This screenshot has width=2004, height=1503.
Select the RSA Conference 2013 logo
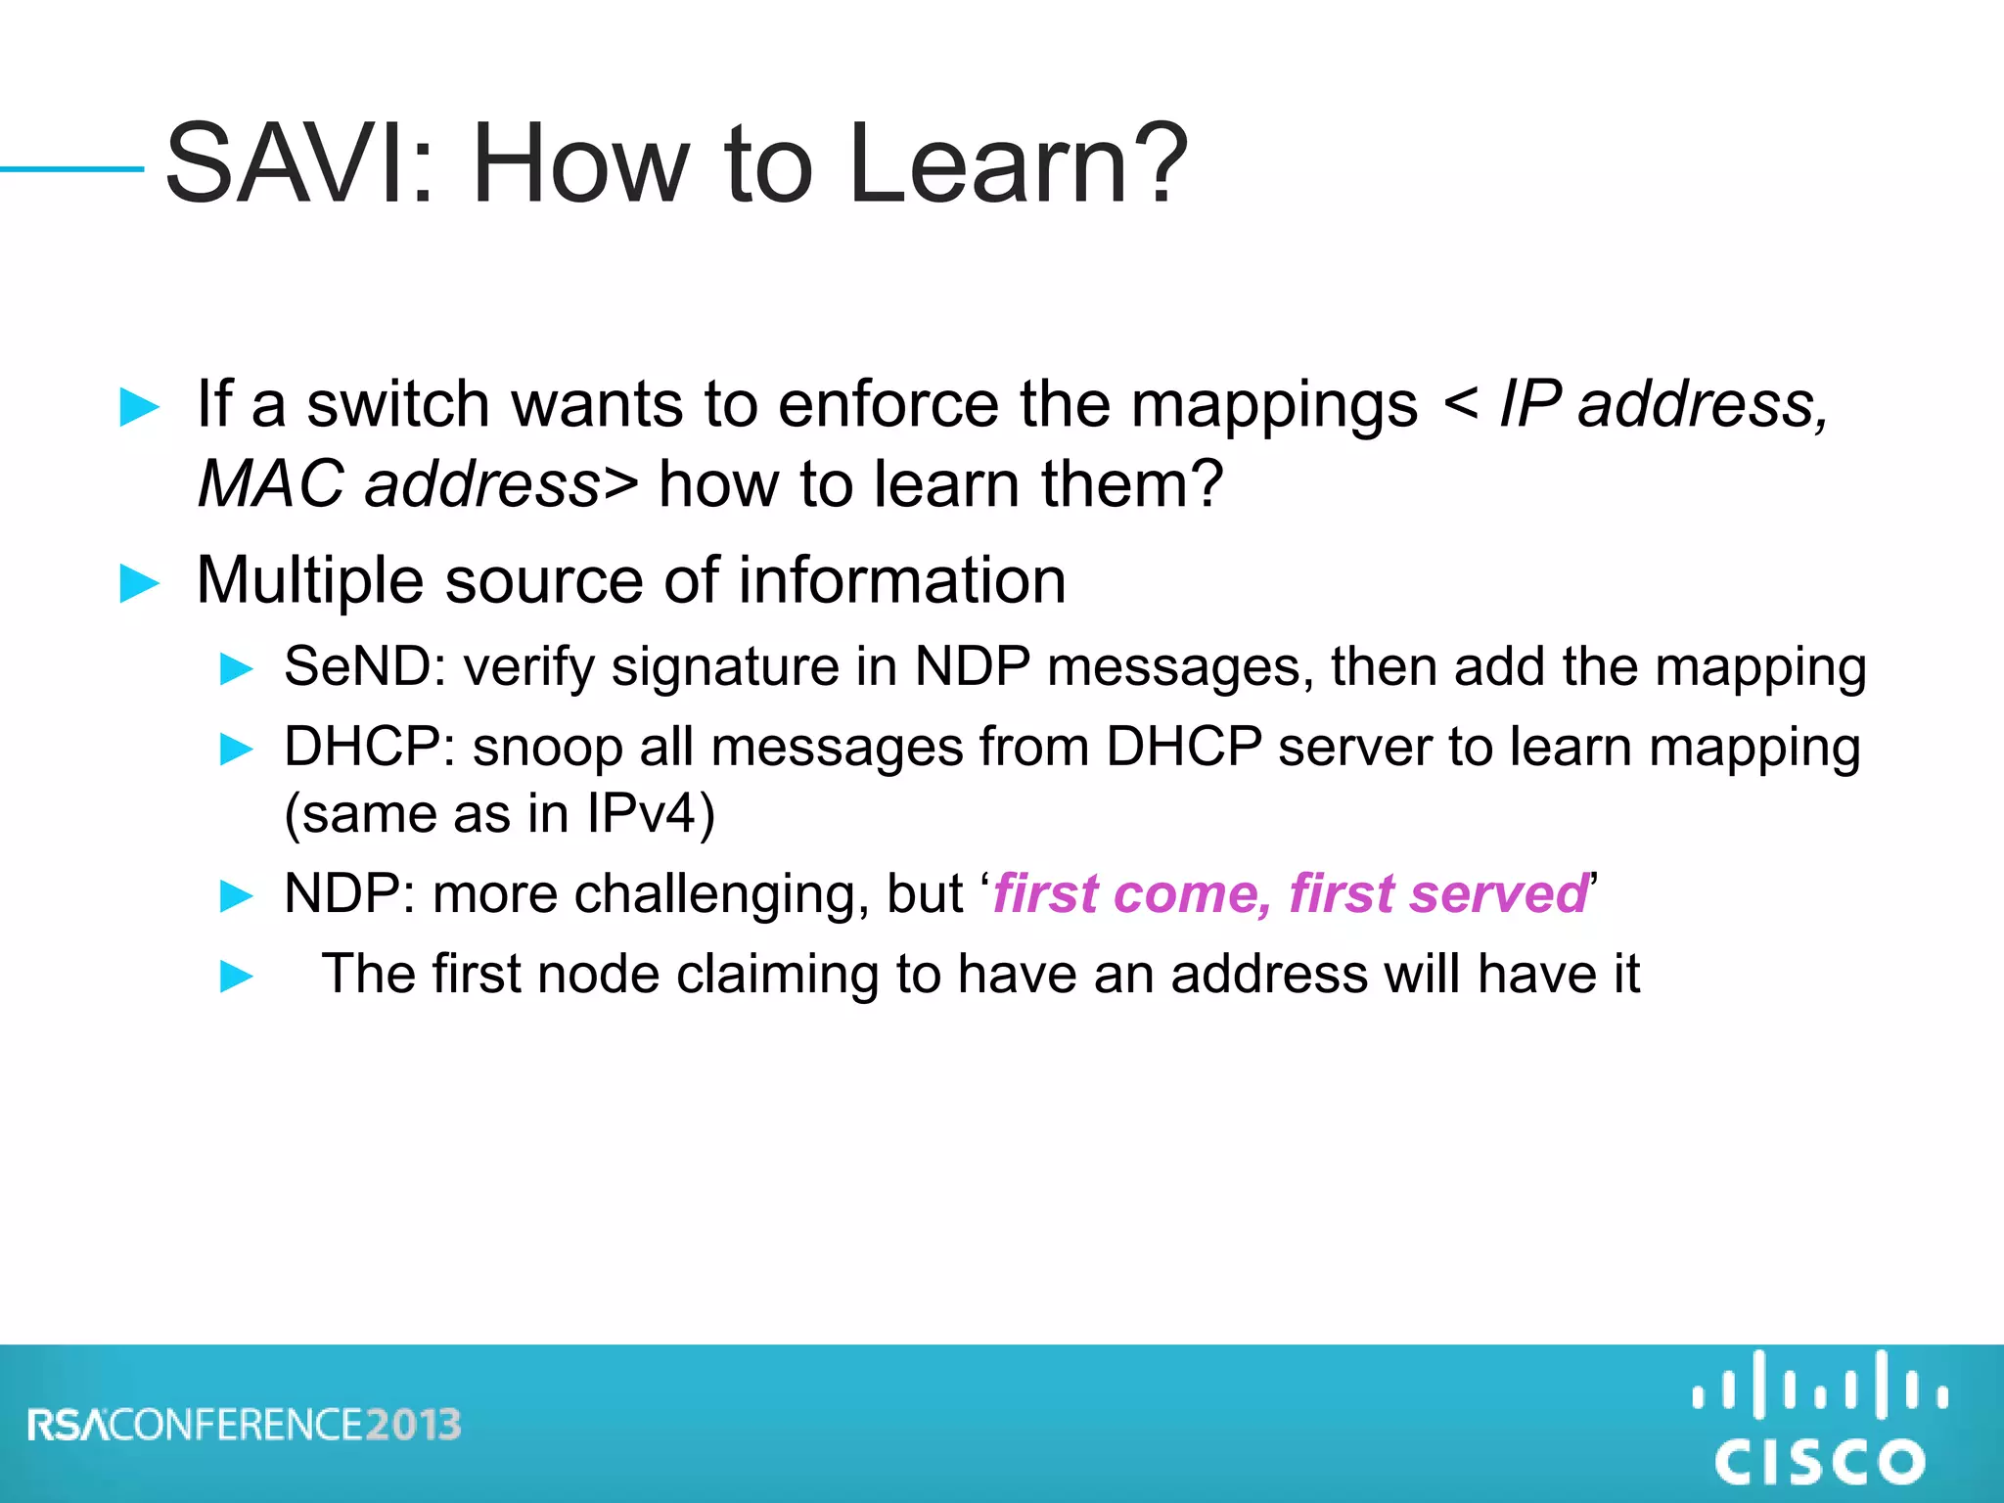[x=245, y=1425]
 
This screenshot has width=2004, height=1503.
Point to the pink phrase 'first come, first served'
[x=1290, y=894]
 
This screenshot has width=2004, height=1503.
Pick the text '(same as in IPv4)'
[x=500, y=814]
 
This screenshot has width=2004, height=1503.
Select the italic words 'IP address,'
[x=1663, y=404]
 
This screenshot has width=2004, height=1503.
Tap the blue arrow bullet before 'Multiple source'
[x=139, y=584]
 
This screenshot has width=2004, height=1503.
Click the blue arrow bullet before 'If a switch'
[x=139, y=407]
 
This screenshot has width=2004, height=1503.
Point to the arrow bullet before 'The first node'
[x=237, y=976]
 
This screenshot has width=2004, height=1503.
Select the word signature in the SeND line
[x=725, y=667]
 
